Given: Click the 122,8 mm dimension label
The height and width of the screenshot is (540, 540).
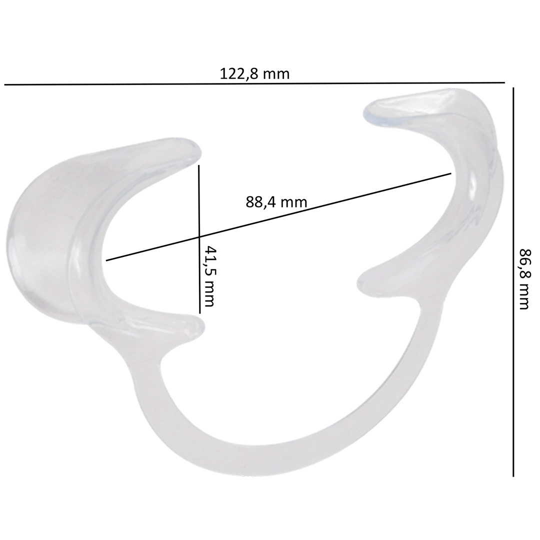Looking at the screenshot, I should tap(254, 74).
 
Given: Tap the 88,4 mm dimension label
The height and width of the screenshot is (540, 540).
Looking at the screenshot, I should tap(276, 202).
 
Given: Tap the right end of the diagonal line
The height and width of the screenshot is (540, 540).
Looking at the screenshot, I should tap(451, 173).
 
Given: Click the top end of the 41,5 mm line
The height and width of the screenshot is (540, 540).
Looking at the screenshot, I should tap(199, 166).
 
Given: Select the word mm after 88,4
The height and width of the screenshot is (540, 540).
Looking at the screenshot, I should tap(294, 202).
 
